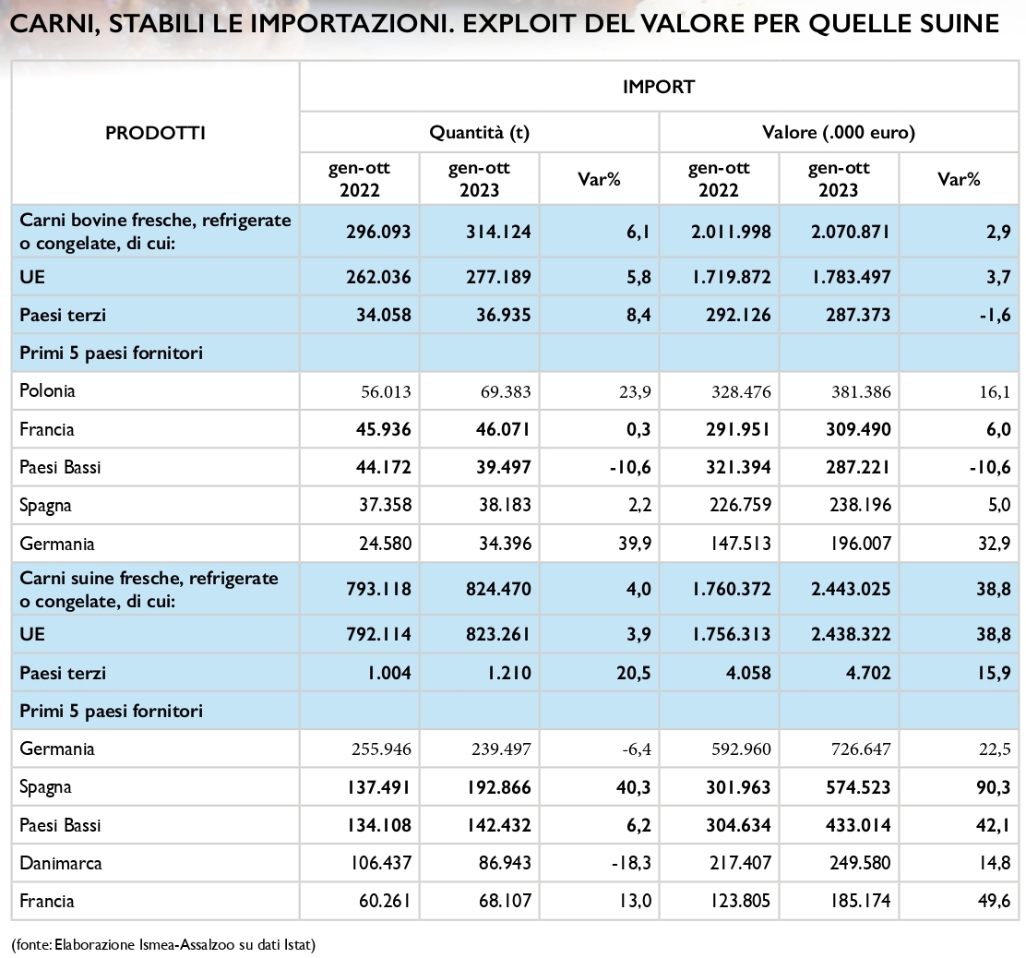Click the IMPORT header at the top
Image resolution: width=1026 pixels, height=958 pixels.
pyautogui.click(x=658, y=87)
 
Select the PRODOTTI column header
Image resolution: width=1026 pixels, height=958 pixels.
pyautogui.click(x=156, y=134)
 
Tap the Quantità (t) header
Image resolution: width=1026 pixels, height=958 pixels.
pyautogui.click(x=479, y=133)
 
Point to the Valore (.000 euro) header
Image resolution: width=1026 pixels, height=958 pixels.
pyautogui.click(x=838, y=133)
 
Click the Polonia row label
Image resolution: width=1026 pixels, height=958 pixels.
pyautogui.click(x=47, y=391)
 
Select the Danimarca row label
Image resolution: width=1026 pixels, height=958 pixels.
pyautogui.click(x=61, y=863)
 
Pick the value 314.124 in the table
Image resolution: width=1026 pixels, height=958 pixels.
pyautogui.click(x=498, y=232)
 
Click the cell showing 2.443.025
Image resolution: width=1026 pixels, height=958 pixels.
pyautogui.click(x=851, y=589)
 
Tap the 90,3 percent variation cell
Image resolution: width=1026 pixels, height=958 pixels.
pyautogui.click(x=994, y=787)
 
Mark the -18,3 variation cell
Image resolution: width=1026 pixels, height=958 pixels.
pyautogui.click(x=631, y=863)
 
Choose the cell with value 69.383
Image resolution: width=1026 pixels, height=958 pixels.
pyautogui.click(x=505, y=392)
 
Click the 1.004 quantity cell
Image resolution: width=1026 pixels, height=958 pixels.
pyautogui.click(x=389, y=673)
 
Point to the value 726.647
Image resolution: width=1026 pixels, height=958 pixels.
pyautogui.click(x=861, y=749)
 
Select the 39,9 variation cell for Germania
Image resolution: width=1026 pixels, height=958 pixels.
pyautogui.click(x=635, y=544)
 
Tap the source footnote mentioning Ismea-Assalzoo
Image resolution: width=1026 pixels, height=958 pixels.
pyautogui.click(x=163, y=944)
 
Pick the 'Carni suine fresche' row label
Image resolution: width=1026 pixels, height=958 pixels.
pyautogui.click(x=149, y=589)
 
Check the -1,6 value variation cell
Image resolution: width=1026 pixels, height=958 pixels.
pyautogui.click(x=995, y=316)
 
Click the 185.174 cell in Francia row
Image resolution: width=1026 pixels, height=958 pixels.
pyautogui.click(x=861, y=901)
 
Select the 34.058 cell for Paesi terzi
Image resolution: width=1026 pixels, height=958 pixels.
pyautogui.click(x=384, y=316)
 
